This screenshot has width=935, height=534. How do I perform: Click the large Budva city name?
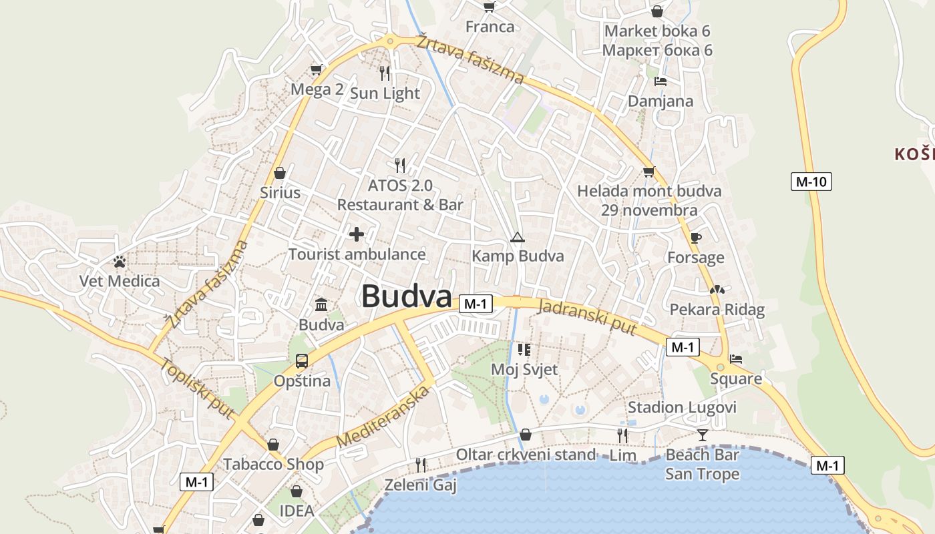(x=406, y=296)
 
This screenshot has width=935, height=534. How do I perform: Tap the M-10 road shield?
(x=811, y=181)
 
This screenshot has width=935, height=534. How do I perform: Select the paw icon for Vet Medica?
(x=120, y=261)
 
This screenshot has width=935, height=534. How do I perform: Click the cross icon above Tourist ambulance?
(x=357, y=234)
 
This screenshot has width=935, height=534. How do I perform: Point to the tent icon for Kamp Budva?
(x=517, y=237)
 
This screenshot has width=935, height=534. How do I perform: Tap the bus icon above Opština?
(x=302, y=361)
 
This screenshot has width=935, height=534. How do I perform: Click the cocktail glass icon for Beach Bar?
(x=702, y=435)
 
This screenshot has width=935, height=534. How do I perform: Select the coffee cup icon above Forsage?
(x=695, y=238)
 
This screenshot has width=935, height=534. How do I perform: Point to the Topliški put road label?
(x=197, y=388)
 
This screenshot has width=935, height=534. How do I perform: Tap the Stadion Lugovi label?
(x=682, y=407)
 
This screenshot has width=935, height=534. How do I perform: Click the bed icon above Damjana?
(x=660, y=81)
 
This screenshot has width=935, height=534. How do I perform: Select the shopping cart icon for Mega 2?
(x=317, y=69)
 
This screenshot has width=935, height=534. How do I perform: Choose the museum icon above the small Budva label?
(x=321, y=305)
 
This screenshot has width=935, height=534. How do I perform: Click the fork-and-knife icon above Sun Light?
(x=385, y=73)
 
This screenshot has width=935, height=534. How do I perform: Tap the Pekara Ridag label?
(x=717, y=310)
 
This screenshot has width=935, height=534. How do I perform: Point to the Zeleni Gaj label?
(x=420, y=485)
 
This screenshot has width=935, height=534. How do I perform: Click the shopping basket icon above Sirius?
(x=280, y=173)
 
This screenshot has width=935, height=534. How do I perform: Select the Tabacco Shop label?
(x=273, y=464)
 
